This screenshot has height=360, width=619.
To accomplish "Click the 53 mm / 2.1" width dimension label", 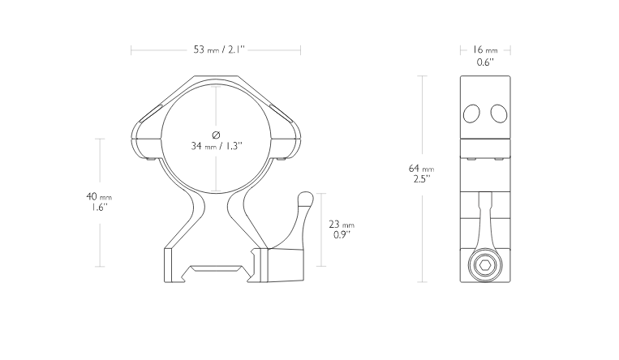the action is click(219, 49).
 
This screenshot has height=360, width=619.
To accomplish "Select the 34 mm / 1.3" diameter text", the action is click(217, 146).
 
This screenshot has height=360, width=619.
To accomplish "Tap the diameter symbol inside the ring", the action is click(216, 135).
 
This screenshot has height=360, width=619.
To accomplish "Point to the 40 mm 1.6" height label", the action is click(99, 202).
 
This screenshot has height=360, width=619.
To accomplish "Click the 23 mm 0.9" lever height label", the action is click(342, 229).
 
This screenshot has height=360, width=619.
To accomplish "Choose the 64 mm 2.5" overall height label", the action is click(421, 174).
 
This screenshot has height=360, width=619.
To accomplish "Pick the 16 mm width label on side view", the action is click(485, 49).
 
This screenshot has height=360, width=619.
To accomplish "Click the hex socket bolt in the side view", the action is click(485, 265).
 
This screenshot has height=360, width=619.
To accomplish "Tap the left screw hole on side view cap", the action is click(471, 114).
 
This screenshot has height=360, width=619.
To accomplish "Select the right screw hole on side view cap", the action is click(499, 114).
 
